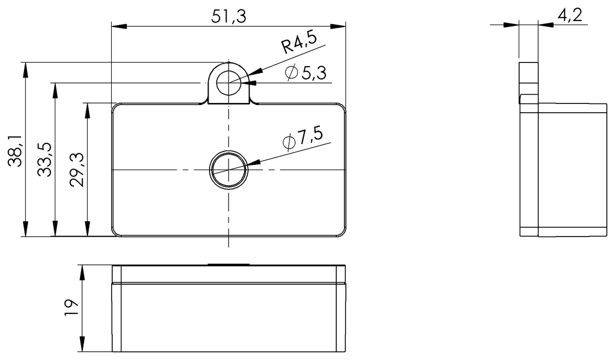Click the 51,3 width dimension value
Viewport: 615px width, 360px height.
click(229, 16)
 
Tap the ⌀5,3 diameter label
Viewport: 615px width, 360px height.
click(306, 73)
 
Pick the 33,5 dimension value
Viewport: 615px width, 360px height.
click(45, 160)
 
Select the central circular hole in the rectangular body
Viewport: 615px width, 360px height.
click(229, 170)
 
